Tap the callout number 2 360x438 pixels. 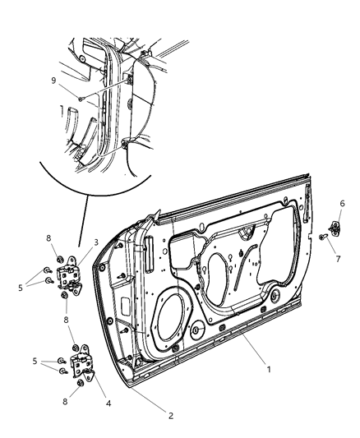171,416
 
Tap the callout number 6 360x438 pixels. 343,203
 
